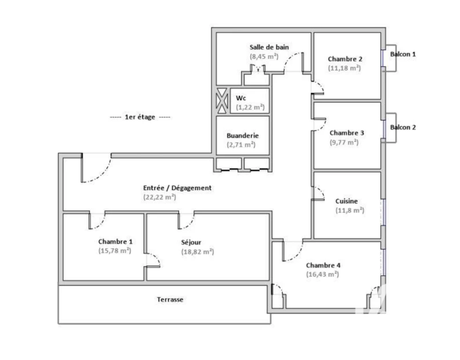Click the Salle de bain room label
(x=269, y=47)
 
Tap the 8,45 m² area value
(x=264, y=56)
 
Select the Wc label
(x=241, y=98)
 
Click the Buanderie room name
(x=243, y=135)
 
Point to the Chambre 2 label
(x=345, y=59)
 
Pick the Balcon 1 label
(x=403, y=54)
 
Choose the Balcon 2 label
(x=403, y=127)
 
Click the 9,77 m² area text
(x=344, y=142)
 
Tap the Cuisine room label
(x=347, y=201)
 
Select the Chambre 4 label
(x=323, y=265)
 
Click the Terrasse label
(x=170, y=300)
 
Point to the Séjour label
(x=191, y=242)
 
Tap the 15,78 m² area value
(x=115, y=251)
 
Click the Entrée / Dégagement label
(x=177, y=188)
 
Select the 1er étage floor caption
(x=140, y=117)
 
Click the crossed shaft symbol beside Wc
(x=222, y=101)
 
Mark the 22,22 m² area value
(x=160, y=197)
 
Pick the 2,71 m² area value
(x=241, y=145)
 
